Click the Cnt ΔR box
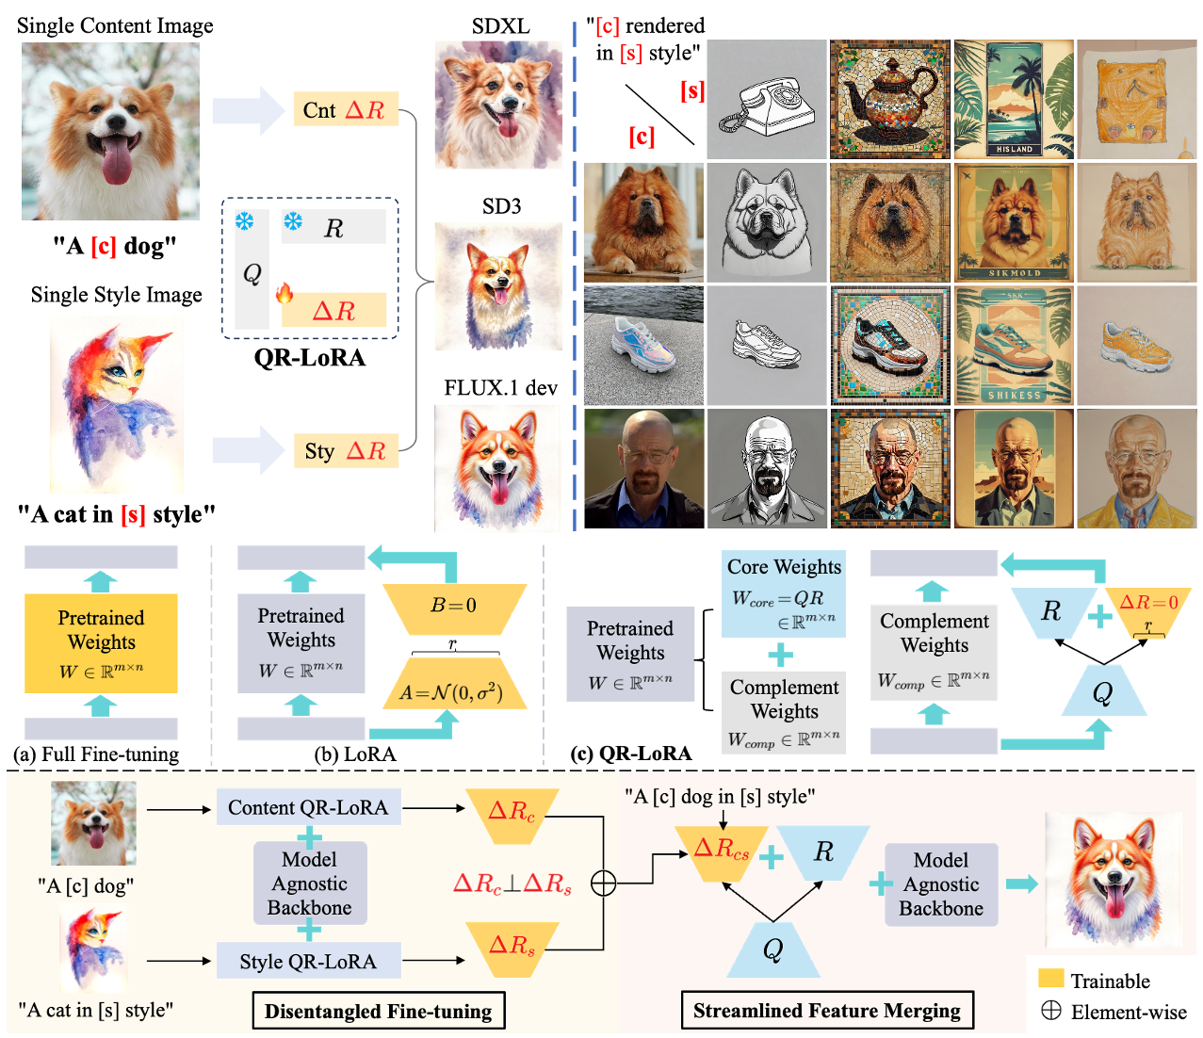tap(345, 110)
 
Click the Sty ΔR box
tap(345, 451)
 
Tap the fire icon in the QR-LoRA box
tap(284, 293)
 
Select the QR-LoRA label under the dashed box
tap(309, 358)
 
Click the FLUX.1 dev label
tap(500, 388)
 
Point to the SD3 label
tap(501, 206)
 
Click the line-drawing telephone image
tap(767, 101)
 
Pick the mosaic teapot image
tap(889, 99)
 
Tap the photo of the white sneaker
tap(643, 346)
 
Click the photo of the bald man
tap(643, 468)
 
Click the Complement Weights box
tap(934, 653)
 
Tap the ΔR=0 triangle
tap(1148, 608)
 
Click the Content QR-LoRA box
tap(308, 807)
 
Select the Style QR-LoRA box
tap(308, 961)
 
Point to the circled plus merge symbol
tap(603, 884)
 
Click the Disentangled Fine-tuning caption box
tap(378, 1012)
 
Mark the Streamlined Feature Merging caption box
tap(827, 1011)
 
